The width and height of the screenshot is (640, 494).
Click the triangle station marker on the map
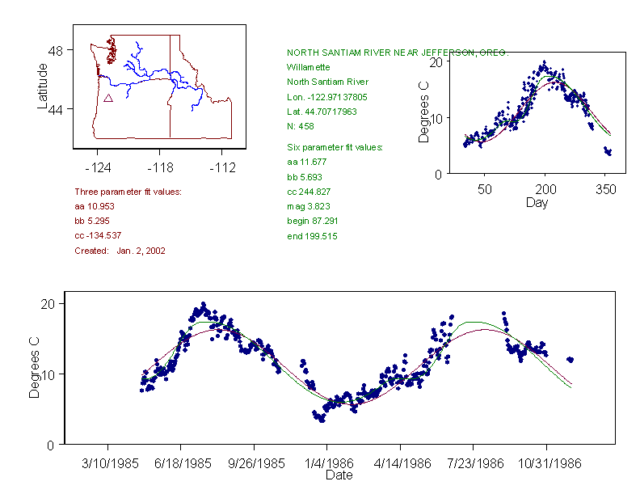click(107, 99)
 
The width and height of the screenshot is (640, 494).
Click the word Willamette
click(307, 67)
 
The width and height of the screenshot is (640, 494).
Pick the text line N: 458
click(301, 126)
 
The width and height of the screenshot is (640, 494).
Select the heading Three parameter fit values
click(128, 192)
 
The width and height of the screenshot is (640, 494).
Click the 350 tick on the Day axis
click(606, 189)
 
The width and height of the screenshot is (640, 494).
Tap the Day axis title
click(536, 202)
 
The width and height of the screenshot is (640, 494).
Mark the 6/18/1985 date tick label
click(181, 464)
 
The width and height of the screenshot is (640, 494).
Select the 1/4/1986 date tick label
click(327, 464)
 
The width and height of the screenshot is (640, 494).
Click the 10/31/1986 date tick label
click(546, 464)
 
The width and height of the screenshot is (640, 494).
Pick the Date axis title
click(339, 475)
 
